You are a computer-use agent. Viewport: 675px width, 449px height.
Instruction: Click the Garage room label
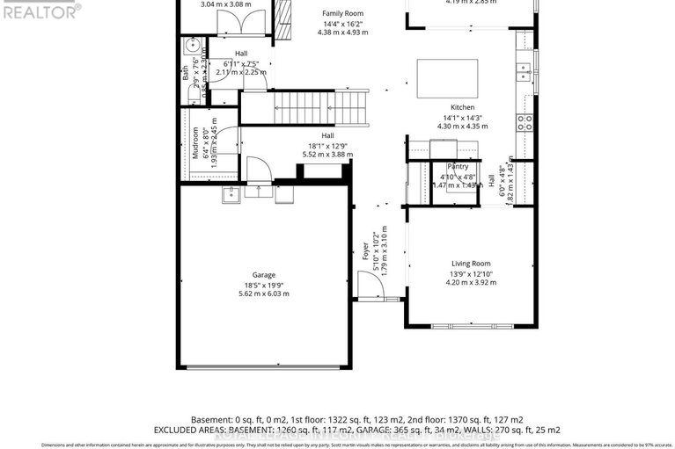(x=263, y=274)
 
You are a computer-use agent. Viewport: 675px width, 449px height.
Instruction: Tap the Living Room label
(x=471, y=264)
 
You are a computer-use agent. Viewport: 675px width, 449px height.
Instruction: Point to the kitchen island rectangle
(x=447, y=77)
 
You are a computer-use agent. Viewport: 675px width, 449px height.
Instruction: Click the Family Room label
(x=342, y=14)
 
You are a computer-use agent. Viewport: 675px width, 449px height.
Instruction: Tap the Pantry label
(x=458, y=166)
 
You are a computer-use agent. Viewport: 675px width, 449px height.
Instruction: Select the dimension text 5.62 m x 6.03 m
(x=263, y=293)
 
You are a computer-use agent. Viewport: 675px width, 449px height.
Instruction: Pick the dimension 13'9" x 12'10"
(x=471, y=273)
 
